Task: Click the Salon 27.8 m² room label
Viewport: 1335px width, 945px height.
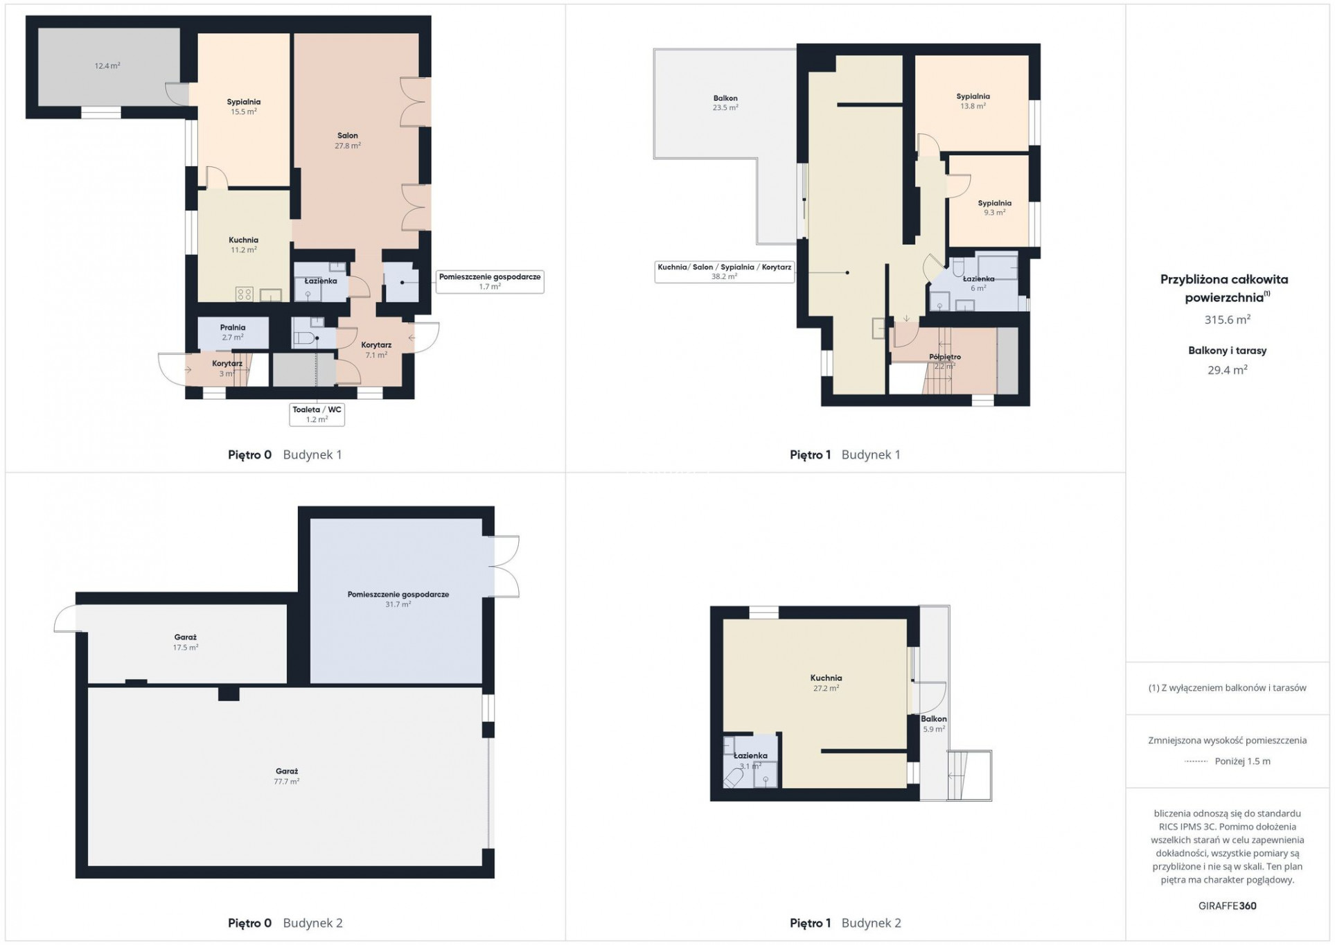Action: (348, 141)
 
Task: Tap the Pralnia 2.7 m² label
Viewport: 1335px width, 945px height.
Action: (233, 333)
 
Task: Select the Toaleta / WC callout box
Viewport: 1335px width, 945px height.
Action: (317, 414)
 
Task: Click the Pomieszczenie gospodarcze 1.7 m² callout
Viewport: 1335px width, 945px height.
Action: (490, 281)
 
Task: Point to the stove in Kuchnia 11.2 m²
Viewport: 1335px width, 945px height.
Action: (245, 294)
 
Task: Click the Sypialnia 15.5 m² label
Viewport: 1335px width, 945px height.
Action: (243, 107)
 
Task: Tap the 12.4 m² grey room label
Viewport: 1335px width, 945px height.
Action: (107, 66)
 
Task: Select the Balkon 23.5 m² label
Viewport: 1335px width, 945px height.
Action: (725, 103)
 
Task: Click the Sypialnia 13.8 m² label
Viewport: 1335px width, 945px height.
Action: (973, 101)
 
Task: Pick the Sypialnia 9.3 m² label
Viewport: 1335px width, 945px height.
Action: (994, 208)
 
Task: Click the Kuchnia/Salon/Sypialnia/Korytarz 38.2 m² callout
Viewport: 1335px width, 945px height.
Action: (724, 272)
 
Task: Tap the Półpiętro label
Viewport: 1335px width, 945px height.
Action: (945, 357)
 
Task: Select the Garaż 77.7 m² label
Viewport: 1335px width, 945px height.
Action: (287, 776)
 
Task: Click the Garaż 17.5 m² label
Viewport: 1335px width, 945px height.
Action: (186, 642)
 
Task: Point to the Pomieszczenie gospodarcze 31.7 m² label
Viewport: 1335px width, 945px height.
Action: (398, 599)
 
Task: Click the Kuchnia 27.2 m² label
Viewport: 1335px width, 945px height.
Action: (826, 683)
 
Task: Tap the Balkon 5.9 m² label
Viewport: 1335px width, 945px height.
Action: (934, 724)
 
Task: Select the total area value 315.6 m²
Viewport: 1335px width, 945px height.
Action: (1227, 319)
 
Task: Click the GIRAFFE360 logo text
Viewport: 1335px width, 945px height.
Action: (1227, 906)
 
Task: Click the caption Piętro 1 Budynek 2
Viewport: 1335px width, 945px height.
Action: (845, 923)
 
